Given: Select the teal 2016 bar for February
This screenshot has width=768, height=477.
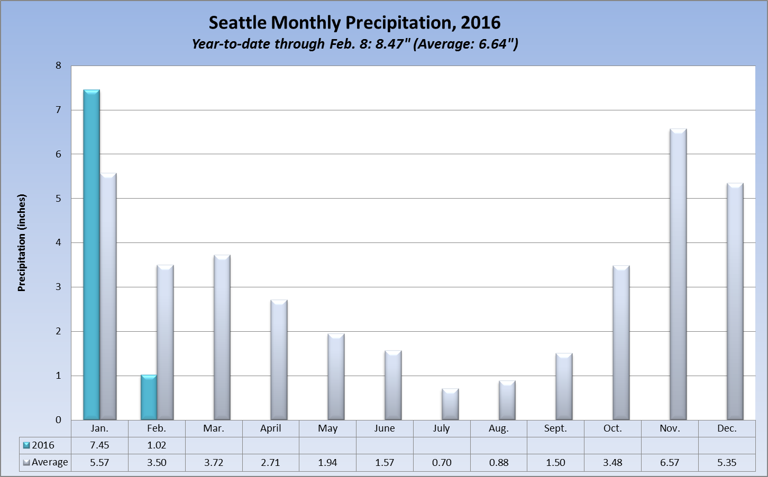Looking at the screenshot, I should tap(149, 397).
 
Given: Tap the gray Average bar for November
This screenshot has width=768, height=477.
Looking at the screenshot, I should tap(678, 274).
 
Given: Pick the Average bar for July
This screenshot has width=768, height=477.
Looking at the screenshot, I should tap(450, 404).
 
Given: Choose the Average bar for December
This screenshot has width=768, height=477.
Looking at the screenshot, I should tap(735, 301).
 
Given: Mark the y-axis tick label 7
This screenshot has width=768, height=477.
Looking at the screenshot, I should tap(58, 110).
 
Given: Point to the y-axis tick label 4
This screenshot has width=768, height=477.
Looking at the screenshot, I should tap(58, 242).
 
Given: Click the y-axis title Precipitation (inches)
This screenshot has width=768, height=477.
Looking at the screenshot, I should tap(22, 242).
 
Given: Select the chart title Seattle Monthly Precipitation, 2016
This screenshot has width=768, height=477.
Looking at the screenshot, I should tap(354, 23).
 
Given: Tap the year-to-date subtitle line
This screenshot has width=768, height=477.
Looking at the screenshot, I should tap(354, 44).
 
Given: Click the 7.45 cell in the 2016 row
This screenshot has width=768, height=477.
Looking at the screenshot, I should tap(99, 445).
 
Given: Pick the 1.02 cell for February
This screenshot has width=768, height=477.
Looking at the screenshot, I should tap(157, 445).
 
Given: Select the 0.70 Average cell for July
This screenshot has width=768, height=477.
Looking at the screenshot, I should tap(442, 462).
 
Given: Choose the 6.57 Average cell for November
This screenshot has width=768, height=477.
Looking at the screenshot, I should tap(670, 462).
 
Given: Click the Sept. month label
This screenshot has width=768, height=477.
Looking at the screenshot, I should tap(555, 428).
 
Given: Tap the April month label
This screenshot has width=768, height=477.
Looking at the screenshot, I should tap(270, 428).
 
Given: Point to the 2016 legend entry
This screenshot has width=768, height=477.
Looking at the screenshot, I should tap(39, 445).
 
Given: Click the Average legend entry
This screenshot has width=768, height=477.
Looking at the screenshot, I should tap(45, 462).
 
